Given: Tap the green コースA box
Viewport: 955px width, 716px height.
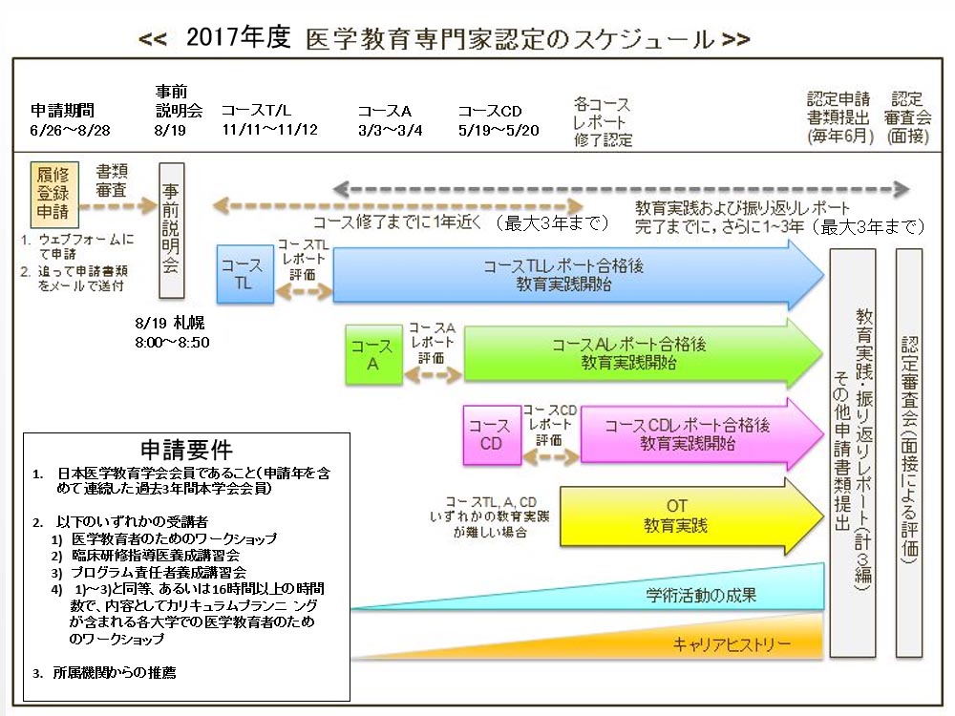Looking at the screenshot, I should [373, 355].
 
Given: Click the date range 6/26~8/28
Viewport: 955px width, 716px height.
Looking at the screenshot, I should [71, 130].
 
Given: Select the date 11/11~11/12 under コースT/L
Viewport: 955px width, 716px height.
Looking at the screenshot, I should [269, 130].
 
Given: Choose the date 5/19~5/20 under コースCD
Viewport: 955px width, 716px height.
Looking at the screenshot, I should [499, 130].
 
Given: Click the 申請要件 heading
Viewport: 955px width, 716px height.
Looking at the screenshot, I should [186, 450].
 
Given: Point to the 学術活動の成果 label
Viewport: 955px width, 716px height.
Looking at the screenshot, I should [701, 596].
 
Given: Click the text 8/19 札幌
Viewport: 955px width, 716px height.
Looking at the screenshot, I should [170, 323].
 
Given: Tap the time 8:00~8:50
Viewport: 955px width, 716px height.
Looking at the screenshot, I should [172, 341].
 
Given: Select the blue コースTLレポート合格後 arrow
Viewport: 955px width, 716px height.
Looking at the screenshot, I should [573, 275].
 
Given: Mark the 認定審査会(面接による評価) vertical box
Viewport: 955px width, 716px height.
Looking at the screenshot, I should [908, 453].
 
